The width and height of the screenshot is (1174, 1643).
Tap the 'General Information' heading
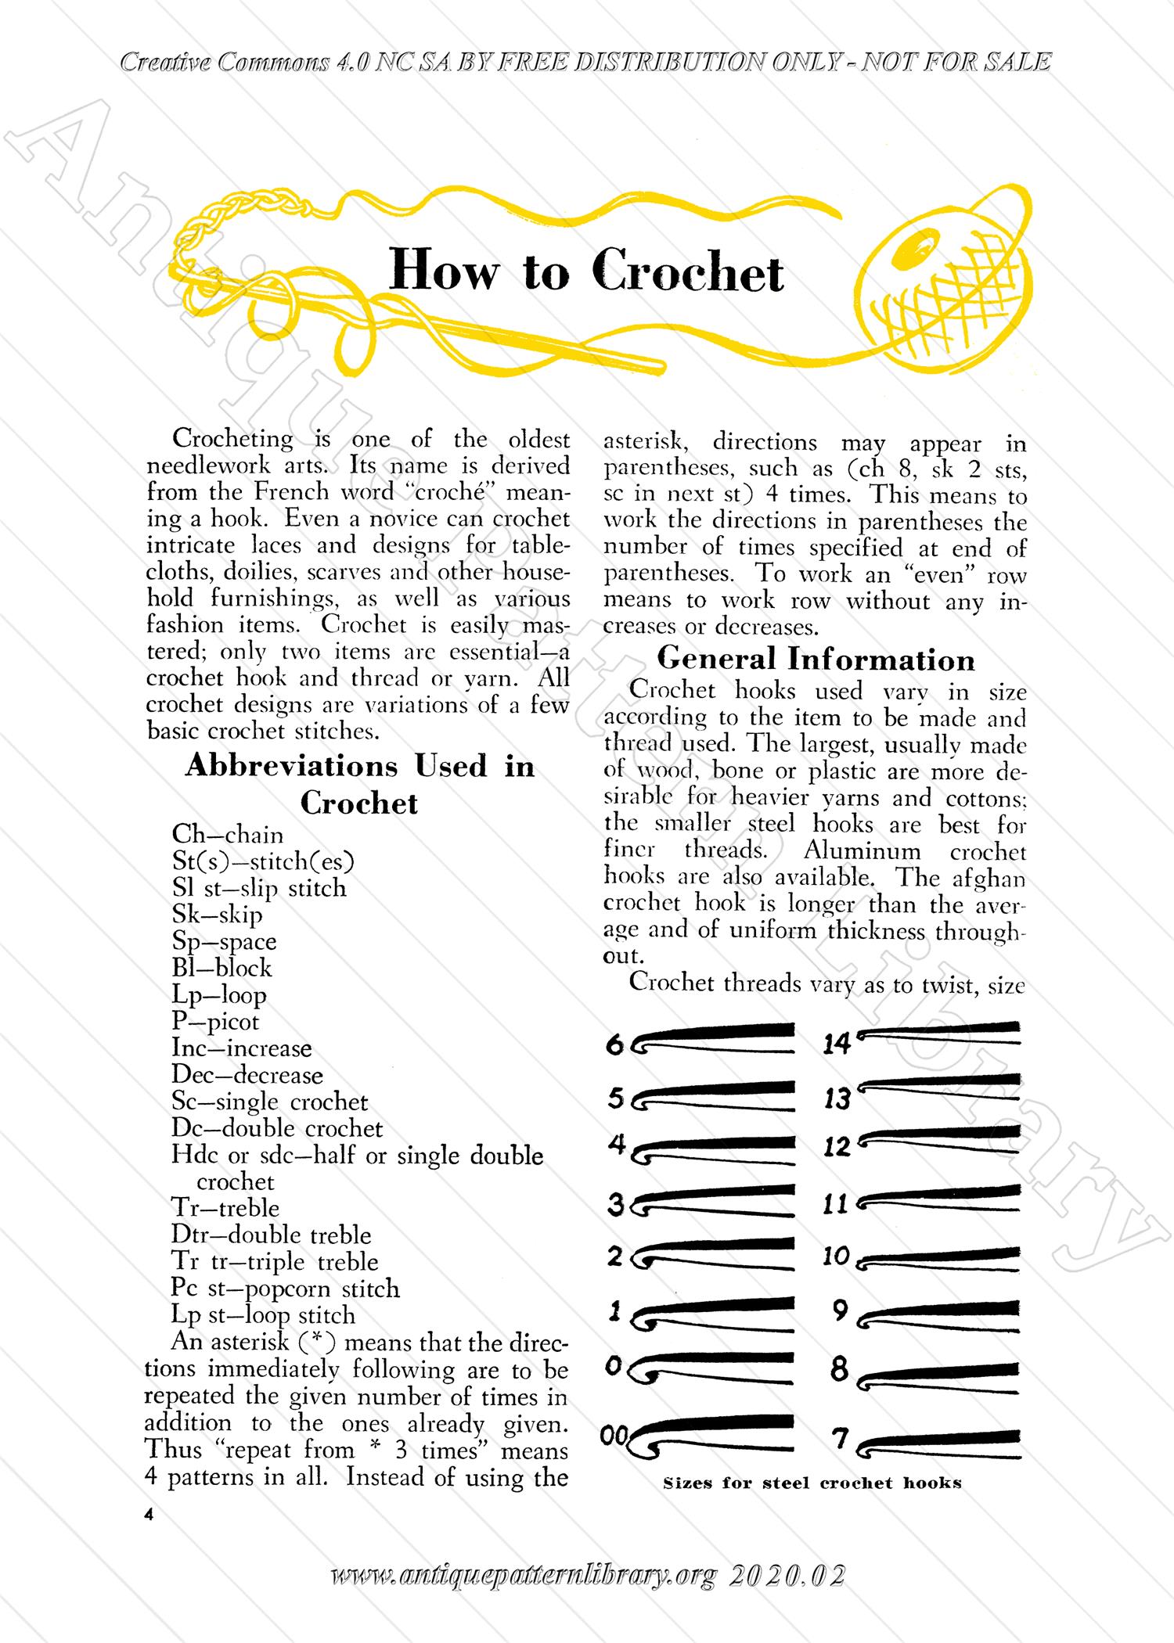[816, 660]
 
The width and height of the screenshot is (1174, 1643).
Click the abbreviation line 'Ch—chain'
[227, 835]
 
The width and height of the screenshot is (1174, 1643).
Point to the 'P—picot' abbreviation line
[215, 1021]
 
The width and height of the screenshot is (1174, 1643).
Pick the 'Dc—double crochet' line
[277, 1128]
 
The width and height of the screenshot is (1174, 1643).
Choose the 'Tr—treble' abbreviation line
[225, 1208]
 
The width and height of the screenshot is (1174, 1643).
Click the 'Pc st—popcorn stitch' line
[285, 1288]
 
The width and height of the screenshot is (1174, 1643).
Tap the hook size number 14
[836, 1044]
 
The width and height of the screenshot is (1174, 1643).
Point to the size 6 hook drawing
[712, 1038]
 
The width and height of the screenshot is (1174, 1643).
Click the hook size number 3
[615, 1206]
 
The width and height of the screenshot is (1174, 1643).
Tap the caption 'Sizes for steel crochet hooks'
[812, 1483]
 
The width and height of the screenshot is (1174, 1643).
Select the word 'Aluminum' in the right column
[862, 850]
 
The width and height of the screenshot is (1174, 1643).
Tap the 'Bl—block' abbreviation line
[221, 968]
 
